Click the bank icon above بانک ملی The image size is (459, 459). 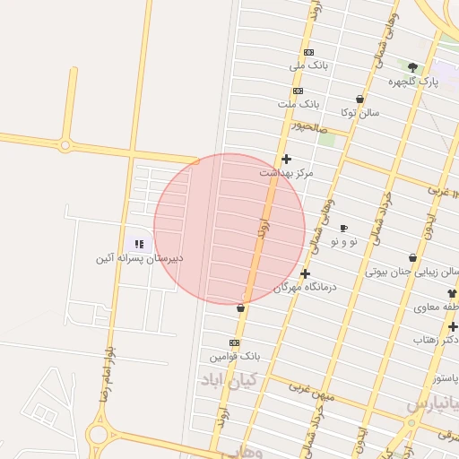pyautogui.click(x=308, y=52)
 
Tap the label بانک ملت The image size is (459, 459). pyautogui.click(x=299, y=104)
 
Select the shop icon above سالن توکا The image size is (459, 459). pyautogui.click(x=359, y=100)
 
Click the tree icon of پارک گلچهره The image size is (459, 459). pyautogui.click(x=412, y=67)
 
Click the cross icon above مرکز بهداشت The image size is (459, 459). pyautogui.click(x=286, y=159)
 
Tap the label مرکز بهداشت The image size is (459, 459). pyautogui.click(x=286, y=172)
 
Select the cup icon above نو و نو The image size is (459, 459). pyautogui.click(x=343, y=229)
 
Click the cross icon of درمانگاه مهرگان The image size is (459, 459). pyautogui.click(x=305, y=273)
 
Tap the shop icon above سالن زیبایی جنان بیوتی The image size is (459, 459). pyautogui.click(x=412, y=258)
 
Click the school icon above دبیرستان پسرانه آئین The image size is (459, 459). pyautogui.click(x=139, y=244)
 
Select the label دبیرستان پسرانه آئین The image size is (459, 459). pyautogui.click(x=139, y=258)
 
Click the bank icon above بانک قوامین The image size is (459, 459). pyautogui.click(x=235, y=342)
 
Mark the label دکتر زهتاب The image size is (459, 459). pyautogui.click(x=437, y=340)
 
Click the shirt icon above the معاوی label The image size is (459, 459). pyautogui.click(x=451, y=293)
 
